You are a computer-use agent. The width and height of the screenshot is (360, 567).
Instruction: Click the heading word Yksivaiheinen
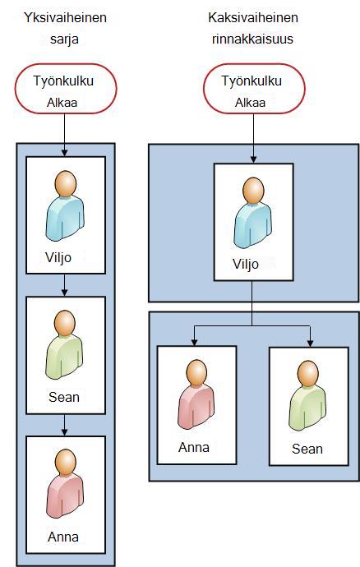(65, 18)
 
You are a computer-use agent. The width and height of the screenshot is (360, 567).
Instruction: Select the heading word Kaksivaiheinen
(253, 18)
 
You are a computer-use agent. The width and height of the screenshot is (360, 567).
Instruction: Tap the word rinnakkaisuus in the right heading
(252, 39)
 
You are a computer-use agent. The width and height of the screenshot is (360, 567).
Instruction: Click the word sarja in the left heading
(64, 39)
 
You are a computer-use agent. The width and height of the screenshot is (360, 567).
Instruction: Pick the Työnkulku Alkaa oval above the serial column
(66, 89)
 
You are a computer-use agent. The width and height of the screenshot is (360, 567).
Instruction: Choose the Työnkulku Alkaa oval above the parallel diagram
(254, 89)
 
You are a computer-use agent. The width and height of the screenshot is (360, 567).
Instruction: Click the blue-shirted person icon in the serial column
(65, 205)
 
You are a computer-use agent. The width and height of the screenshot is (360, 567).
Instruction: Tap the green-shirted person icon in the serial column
(64, 344)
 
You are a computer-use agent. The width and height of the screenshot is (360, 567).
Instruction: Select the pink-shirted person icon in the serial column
(65, 484)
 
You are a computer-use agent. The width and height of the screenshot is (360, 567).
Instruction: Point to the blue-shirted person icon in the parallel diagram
(253, 213)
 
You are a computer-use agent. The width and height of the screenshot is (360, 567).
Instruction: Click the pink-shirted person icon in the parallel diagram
(196, 394)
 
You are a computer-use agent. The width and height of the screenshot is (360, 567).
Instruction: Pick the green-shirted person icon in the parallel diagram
(307, 396)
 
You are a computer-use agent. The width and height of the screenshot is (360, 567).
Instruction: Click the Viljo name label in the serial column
(58, 258)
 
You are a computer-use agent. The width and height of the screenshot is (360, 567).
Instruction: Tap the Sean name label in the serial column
(64, 397)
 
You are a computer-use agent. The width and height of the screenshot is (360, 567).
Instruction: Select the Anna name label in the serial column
(63, 537)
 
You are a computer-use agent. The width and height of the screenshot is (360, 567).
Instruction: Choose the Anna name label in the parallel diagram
(194, 447)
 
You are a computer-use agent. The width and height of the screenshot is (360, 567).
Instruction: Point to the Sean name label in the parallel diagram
(307, 449)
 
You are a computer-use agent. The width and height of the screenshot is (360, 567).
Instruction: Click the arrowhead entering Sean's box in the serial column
(64, 293)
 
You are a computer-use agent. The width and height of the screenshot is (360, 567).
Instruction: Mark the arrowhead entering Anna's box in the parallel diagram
(195, 342)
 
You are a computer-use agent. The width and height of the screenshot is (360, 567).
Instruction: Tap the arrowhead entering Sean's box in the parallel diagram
(310, 343)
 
